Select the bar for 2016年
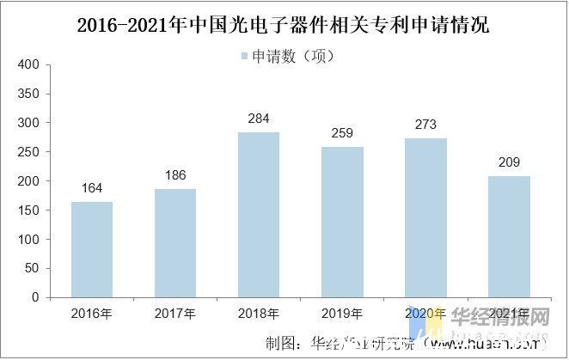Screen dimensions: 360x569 [92, 249]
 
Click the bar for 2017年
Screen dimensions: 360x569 [175, 243]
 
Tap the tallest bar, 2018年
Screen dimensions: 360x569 [259, 215]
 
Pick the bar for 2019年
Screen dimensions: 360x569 [342, 222]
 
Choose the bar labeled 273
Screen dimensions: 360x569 [425, 217]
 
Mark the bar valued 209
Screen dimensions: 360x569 [509, 236]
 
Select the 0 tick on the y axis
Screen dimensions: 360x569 [35, 297]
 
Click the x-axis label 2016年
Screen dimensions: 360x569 [92, 314]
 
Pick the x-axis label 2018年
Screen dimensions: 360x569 [259, 314]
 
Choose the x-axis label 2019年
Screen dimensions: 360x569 [342, 314]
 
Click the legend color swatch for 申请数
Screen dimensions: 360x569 [243, 57]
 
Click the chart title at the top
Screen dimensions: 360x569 [284, 24]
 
